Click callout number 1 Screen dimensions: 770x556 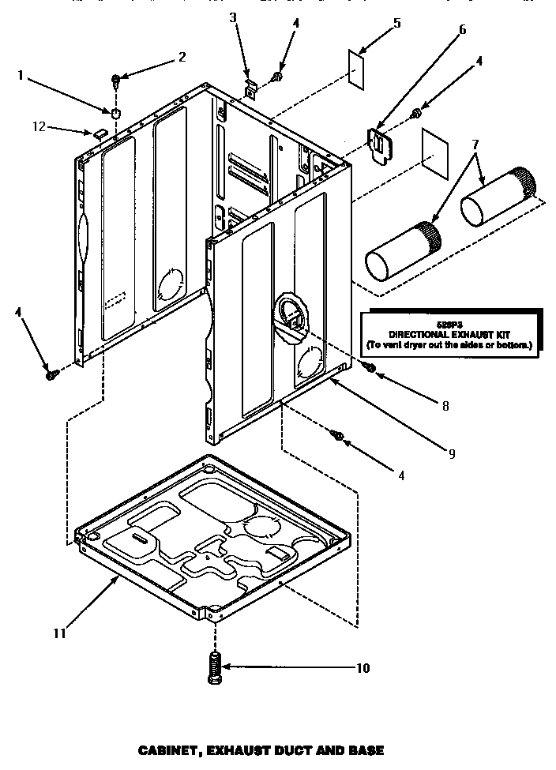[22, 76]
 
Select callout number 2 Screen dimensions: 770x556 [182, 57]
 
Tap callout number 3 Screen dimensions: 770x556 [233, 18]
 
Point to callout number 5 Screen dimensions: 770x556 [396, 23]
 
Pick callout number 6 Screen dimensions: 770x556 [462, 30]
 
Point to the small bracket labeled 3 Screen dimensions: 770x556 [250, 88]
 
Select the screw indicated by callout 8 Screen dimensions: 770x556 [368, 366]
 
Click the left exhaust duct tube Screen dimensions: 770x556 [403, 251]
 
